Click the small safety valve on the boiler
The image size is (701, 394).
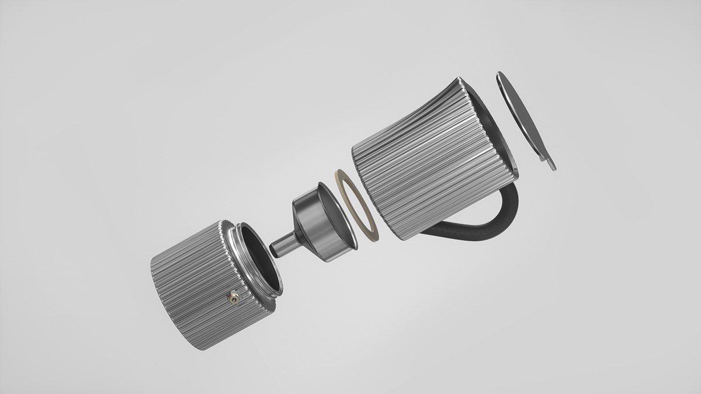[234, 298]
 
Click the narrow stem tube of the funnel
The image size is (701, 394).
[282, 243]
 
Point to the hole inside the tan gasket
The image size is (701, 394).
[358, 204]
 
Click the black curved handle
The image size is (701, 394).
[502, 219]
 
